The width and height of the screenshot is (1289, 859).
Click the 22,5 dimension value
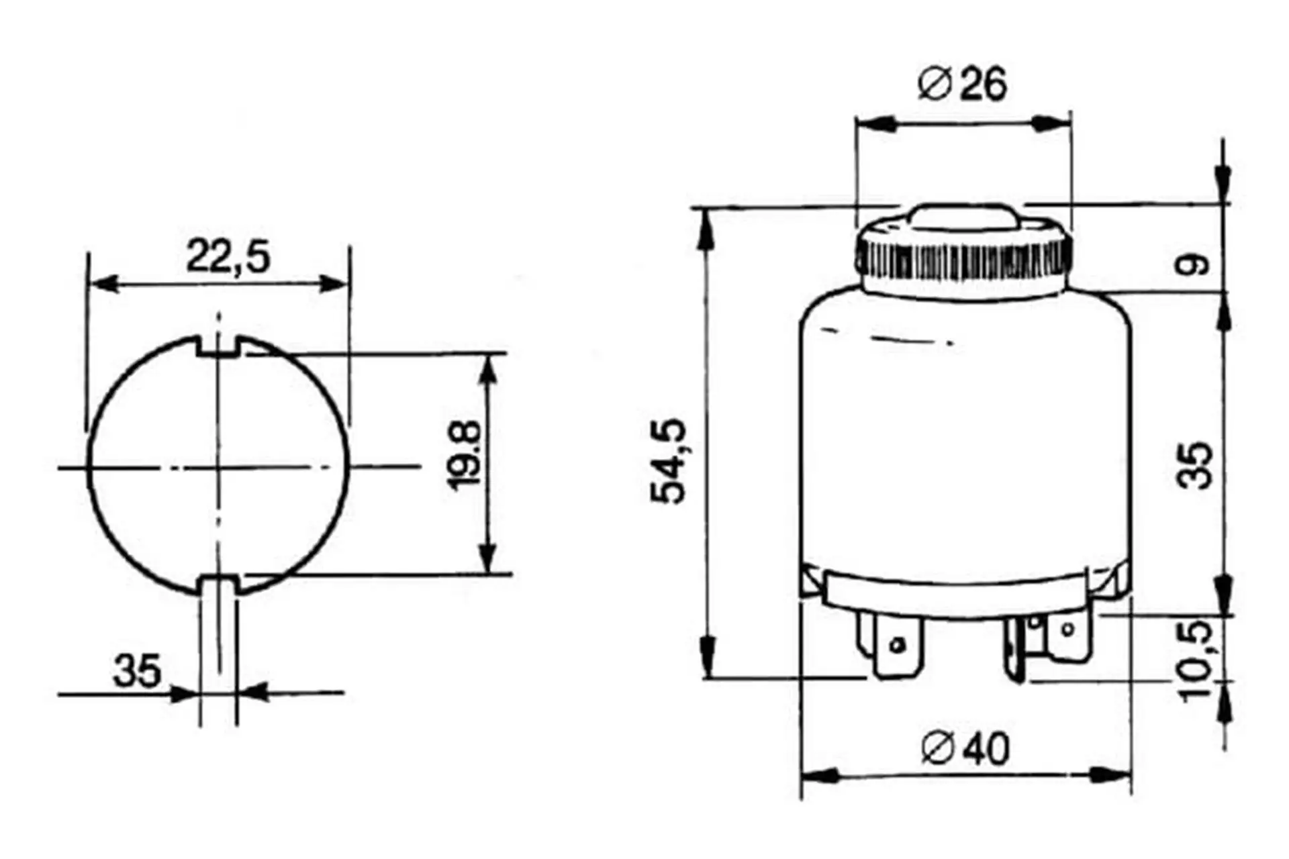point(228,256)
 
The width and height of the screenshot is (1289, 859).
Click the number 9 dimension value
point(1192,266)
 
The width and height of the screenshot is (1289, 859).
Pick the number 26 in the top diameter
point(984,85)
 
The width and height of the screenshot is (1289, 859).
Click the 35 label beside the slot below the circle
point(137,670)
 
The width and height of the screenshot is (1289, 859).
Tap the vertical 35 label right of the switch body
point(1196,464)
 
